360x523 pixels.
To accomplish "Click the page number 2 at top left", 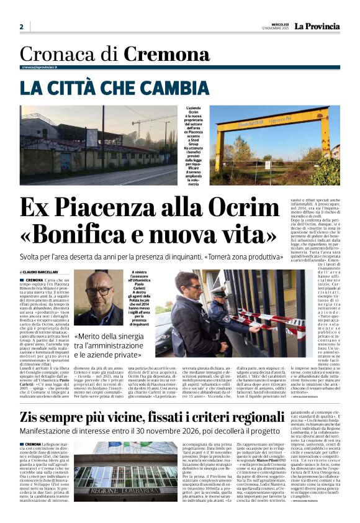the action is [21, 27].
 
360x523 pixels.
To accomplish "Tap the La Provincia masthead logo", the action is [317, 26].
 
